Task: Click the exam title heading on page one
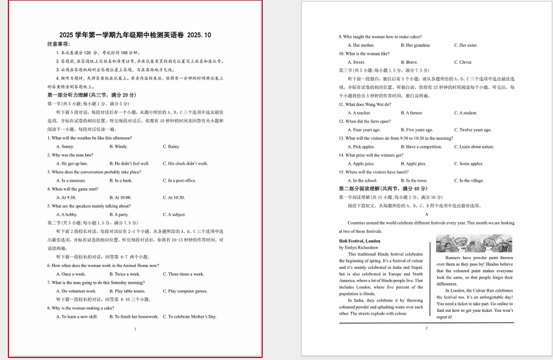pyautogui.click(x=135, y=35)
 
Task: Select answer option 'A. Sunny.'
pyautogui.click(x=65, y=146)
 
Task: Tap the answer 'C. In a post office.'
pyautogui.click(x=179, y=180)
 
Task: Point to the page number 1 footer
pyautogui.click(x=135, y=329)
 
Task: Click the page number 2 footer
pyautogui.click(x=426, y=327)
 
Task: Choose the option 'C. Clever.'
pyautogui.click(x=463, y=62)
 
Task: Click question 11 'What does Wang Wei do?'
pyautogui.click(x=365, y=104)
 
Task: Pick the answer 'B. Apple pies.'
pyautogui.click(x=413, y=163)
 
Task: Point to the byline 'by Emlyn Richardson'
pyautogui.click(x=358, y=247)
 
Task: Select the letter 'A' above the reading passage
pyautogui.click(x=426, y=214)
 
